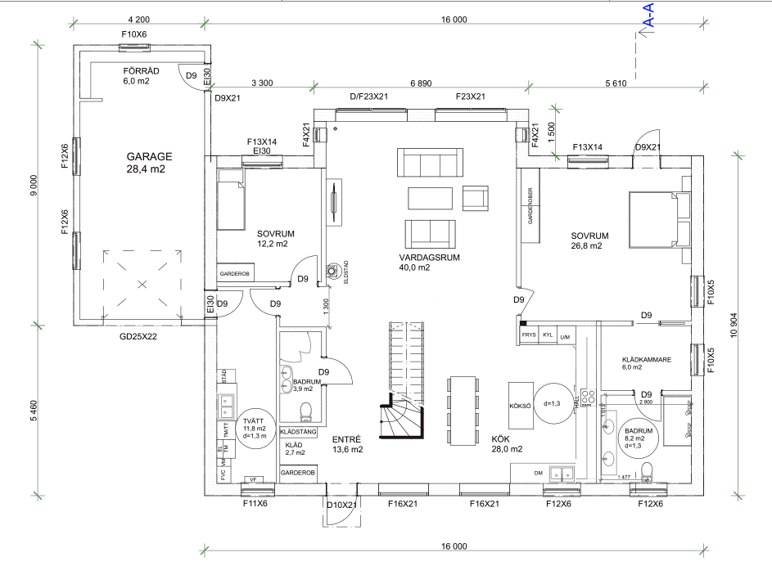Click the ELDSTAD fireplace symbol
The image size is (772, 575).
point(333,272)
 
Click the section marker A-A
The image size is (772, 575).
point(648,16)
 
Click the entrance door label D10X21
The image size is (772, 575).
point(342,505)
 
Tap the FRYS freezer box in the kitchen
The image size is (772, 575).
point(529,335)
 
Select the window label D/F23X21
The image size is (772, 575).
point(369,97)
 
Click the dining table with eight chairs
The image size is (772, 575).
point(463,411)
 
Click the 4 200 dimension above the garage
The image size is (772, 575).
point(140,19)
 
